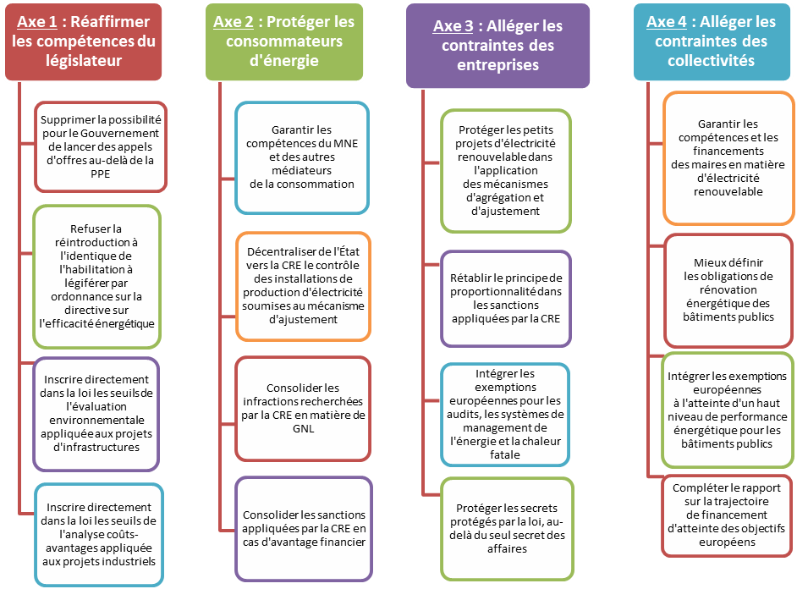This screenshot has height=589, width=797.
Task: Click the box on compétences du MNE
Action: coord(302,157)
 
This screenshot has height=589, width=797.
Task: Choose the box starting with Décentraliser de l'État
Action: coord(302,286)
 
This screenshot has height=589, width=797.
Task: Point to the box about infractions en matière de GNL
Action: coord(302,407)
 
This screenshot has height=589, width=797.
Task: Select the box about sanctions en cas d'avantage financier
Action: coord(302,528)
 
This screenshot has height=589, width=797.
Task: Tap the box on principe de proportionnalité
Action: coord(506,298)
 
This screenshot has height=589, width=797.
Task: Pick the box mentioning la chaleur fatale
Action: coord(506,414)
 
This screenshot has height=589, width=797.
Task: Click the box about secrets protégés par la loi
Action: coord(506,527)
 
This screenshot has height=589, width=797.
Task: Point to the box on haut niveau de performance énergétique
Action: coord(728,410)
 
